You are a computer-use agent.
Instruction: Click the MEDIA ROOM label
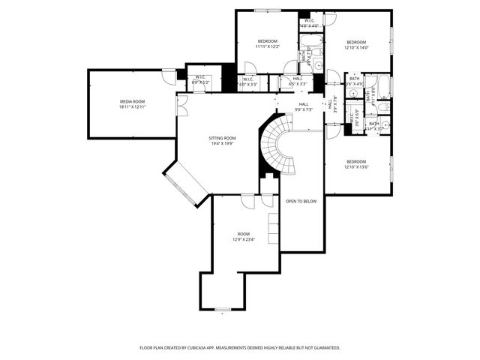click(132, 100)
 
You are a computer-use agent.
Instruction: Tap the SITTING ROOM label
click(222, 138)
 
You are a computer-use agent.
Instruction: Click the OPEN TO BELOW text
click(301, 201)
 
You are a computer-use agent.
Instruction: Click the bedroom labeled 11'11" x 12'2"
click(268, 40)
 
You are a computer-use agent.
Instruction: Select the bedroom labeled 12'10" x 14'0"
click(356, 41)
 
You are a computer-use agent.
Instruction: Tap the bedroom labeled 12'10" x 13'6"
click(356, 161)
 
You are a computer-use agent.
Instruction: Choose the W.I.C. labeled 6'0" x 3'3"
click(247, 81)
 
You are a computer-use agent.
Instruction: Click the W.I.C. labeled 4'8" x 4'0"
click(309, 22)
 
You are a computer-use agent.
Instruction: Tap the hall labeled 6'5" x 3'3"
click(297, 81)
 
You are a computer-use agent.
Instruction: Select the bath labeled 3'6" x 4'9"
click(355, 80)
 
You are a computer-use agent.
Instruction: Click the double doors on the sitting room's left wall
click(181, 106)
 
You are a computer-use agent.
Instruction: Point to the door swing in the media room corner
click(169, 76)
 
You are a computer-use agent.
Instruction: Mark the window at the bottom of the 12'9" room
click(223, 309)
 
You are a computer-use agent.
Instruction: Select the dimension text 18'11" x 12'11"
click(132, 107)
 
